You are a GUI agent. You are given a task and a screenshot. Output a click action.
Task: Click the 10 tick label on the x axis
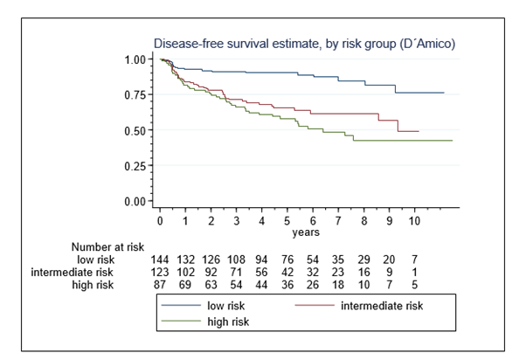click(x=416, y=222)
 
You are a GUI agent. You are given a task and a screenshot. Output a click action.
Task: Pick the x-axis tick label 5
click(x=287, y=222)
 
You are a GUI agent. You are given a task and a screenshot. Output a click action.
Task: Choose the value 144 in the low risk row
click(x=160, y=260)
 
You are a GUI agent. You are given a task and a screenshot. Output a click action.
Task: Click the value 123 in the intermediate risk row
click(x=160, y=272)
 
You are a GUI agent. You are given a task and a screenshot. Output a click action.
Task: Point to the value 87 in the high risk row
click(x=160, y=284)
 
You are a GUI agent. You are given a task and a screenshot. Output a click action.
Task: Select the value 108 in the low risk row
click(x=236, y=260)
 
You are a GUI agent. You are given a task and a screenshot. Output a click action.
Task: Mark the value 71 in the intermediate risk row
click(x=236, y=272)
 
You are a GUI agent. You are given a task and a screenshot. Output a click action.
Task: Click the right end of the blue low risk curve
click(x=444, y=93)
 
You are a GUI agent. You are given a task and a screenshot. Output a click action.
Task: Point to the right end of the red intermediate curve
click(x=419, y=131)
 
